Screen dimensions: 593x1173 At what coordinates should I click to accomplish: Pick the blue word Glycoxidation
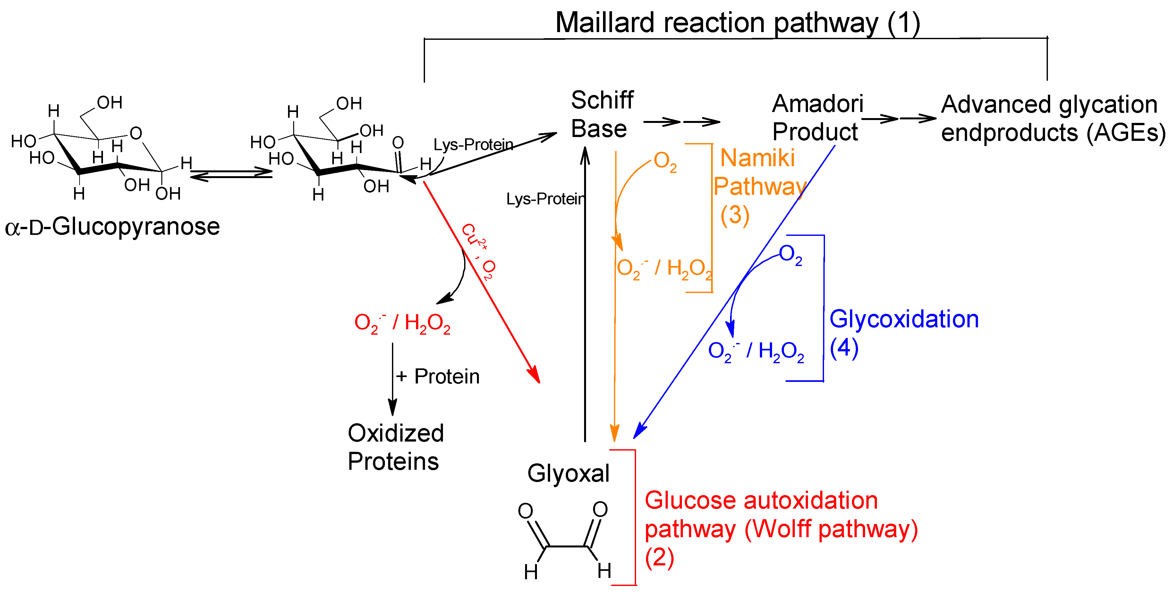click(904, 319)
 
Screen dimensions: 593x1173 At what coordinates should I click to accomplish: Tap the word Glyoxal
click(568, 473)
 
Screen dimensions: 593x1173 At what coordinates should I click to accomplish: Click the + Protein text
click(438, 376)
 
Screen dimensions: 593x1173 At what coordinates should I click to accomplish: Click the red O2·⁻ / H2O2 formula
click(402, 323)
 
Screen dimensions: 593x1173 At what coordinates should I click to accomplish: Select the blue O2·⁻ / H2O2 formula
click(756, 352)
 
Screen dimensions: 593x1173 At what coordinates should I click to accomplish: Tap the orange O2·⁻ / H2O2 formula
click(664, 269)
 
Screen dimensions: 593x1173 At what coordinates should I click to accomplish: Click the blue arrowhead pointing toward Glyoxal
click(639, 430)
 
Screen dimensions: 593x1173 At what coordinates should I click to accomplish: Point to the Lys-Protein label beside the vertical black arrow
click(545, 199)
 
